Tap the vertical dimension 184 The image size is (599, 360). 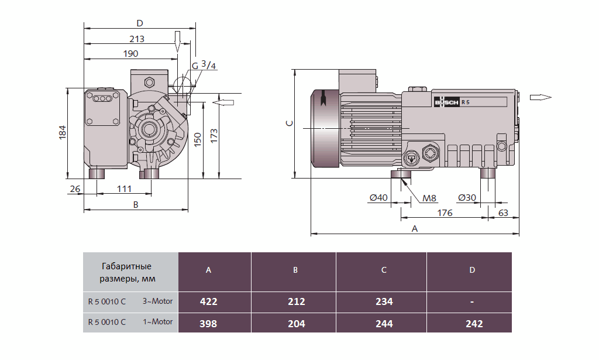(63, 133)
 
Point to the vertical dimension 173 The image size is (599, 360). (214, 135)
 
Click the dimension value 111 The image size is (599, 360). (123, 188)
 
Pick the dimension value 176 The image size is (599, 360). (445, 212)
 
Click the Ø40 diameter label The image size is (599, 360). (378, 198)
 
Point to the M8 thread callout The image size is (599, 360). (430, 198)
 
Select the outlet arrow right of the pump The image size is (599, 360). (540, 97)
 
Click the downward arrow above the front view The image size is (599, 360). (177, 40)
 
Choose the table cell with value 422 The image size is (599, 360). (208, 302)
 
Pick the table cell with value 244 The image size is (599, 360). (384, 323)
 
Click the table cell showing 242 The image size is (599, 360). (471, 323)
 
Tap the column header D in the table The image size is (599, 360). (471, 270)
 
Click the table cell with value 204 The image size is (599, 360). (296, 323)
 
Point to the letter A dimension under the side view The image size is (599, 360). (415, 228)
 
